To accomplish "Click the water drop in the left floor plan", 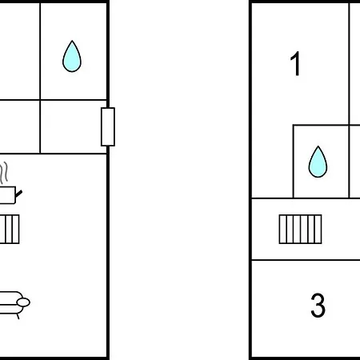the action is click(x=72, y=57).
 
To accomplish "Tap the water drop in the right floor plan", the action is click(x=318, y=162).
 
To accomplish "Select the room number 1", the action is click(x=295, y=63).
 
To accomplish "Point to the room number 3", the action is click(x=318, y=305).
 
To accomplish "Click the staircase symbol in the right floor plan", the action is click(x=300, y=229).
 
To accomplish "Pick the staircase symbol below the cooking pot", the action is click(x=10, y=229).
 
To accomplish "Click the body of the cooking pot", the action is click(x=7, y=195).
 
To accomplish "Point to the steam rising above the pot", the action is click(x=4, y=172).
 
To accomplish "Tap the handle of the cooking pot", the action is click(x=18, y=194).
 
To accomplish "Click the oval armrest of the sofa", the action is click(x=23, y=302).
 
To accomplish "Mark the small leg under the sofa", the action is click(x=18, y=316).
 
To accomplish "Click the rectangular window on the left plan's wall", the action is click(x=108, y=127).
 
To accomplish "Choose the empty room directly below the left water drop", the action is click(x=74, y=127).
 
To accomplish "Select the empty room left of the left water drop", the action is click(x=20, y=51).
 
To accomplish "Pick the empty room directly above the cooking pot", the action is click(x=20, y=127).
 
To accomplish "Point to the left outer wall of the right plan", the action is click(x=250, y=180).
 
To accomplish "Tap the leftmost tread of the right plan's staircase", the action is click(x=282, y=229).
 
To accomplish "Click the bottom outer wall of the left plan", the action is click(x=54, y=358).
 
